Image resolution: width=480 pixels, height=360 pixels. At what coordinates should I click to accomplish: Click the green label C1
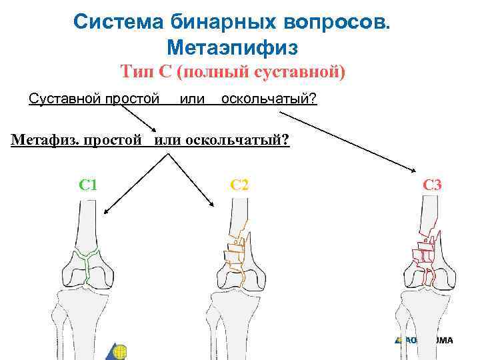click(87, 184)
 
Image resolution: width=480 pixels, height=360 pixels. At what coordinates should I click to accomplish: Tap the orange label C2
click(239, 184)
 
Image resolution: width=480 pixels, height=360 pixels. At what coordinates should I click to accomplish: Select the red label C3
click(432, 184)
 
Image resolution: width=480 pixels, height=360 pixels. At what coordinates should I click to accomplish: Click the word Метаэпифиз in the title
click(231, 47)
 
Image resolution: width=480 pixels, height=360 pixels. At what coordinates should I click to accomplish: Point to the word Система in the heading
click(115, 21)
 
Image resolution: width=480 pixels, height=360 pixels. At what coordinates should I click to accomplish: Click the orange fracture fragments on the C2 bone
click(233, 254)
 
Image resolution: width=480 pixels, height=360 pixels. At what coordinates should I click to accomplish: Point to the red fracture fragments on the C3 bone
click(423, 254)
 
